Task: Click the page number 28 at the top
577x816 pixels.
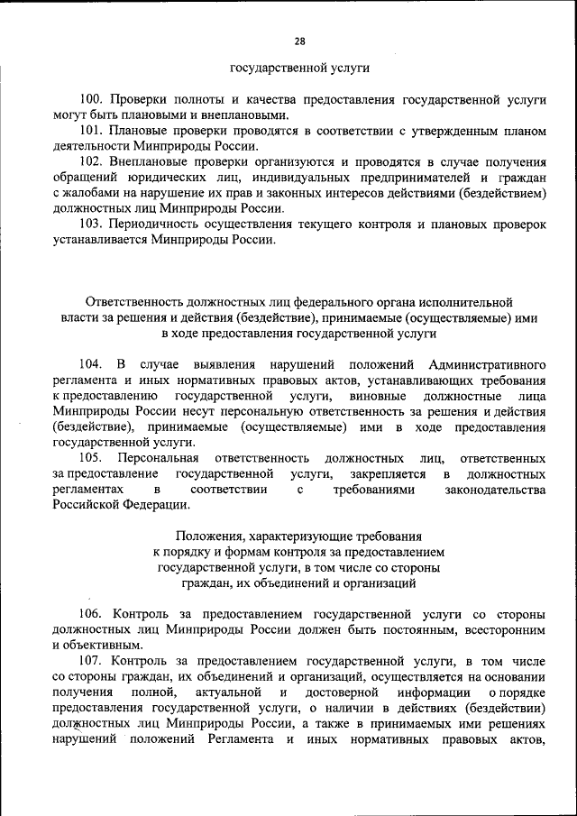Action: click(299, 40)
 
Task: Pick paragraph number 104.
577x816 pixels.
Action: click(89, 364)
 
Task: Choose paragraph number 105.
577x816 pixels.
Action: click(89, 458)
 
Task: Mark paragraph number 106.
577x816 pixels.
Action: click(91, 614)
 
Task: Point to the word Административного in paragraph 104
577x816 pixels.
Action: click(488, 364)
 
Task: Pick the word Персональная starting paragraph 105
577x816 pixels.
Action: click(167, 458)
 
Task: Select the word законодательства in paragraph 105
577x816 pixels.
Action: click(496, 490)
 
